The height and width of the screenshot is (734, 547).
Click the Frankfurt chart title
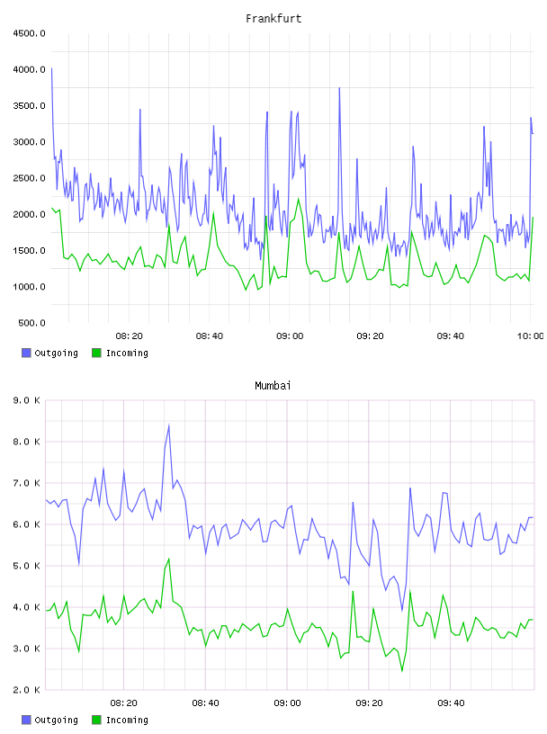[273, 18]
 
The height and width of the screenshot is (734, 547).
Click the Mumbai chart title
[273, 385]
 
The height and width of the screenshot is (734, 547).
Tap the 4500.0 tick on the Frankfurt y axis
[29, 33]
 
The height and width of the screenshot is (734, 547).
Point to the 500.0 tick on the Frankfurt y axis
[31, 323]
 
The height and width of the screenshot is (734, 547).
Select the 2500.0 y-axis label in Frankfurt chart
[29, 178]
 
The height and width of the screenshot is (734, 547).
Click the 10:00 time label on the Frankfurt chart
[530, 336]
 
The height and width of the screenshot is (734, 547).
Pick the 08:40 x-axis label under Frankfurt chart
[210, 336]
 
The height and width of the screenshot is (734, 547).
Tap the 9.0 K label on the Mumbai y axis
[26, 400]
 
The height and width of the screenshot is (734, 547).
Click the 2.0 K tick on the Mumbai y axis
[26, 690]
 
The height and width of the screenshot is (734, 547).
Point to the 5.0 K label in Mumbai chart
[26, 566]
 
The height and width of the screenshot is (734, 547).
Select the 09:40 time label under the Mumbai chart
[451, 703]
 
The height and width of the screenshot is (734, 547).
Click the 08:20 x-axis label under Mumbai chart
[123, 703]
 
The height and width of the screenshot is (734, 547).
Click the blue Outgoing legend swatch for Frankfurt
[26, 353]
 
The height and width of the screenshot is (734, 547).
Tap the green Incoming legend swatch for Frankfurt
[96, 353]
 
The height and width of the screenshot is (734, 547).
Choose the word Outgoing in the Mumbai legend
[56, 720]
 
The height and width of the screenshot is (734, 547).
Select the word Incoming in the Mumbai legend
[127, 720]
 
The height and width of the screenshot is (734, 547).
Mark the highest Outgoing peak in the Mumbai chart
[168, 425]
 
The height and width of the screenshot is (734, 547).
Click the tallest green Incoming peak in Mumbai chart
[168, 559]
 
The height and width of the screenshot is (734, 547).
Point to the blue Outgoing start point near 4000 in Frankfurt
[51, 68]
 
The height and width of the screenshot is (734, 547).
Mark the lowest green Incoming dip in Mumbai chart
[402, 671]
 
